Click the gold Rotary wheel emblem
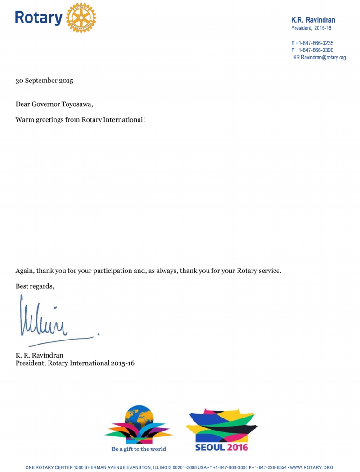point(81,18)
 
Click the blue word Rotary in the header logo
point(38,18)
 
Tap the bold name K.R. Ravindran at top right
point(313,20)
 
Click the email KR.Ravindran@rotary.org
point(319,57)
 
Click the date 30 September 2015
point(44,81)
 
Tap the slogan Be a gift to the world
point(139,449)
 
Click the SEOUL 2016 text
point(221,447)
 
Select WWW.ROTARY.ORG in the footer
point(312,467)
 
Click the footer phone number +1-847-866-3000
point(229,467)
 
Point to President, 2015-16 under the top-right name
point(311,28)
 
